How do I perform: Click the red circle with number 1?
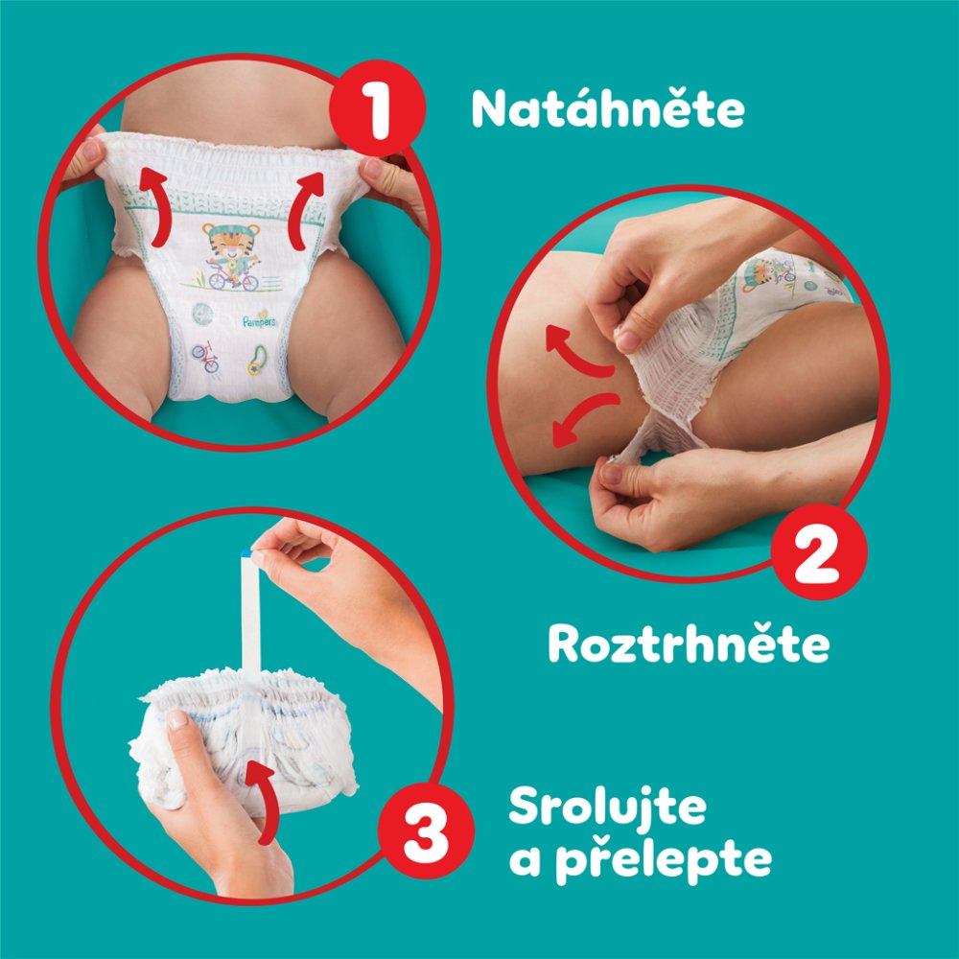378,113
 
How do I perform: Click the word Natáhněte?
607,111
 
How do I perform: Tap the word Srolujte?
606,809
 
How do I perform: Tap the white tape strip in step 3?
251,614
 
